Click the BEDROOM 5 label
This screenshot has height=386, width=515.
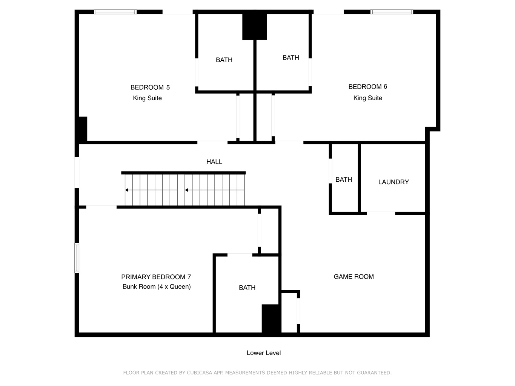[150, 87]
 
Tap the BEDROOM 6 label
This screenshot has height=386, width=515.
[367, 87]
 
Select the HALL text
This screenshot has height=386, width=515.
[214, 162]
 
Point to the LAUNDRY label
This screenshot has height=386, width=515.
[394, 182]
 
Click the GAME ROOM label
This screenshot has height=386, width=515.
[354, 277]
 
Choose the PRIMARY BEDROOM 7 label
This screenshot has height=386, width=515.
[156, 277]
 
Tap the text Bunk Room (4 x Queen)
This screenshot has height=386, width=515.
[157, 286]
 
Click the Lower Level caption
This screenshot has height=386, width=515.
[263, 353]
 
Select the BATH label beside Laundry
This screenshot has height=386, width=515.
[343, 180]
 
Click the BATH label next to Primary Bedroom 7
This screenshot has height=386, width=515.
[247, 288]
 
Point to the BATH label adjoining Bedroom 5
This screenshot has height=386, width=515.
[224, 60]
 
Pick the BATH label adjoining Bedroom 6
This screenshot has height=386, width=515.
[291, 58]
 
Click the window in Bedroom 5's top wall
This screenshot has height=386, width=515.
[115, 12]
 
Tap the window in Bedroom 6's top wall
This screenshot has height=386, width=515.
[392, 12]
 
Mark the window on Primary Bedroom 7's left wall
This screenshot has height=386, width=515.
[77, 258]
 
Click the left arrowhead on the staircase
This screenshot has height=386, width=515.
[126, 190]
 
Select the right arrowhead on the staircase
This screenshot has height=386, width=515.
[186, 190]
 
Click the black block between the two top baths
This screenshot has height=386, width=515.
[255, 27]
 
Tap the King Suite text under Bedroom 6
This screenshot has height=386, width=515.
[367, 98]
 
